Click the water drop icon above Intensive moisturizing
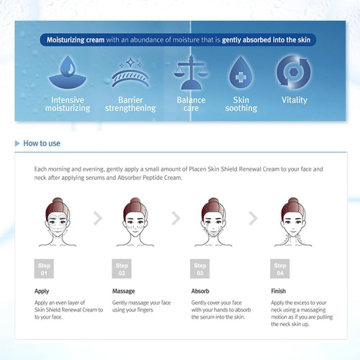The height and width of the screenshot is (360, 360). coord(68,72)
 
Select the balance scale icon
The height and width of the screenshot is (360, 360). coord(191,72)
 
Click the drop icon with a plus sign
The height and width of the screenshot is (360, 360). coord(240,72)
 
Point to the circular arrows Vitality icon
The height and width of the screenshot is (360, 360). coord(293,72)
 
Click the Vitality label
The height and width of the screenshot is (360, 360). coord(294,100)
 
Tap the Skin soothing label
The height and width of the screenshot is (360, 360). coord(241,104)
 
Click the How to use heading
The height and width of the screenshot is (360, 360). coord(42,143)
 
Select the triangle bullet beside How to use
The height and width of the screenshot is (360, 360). coord(17,143)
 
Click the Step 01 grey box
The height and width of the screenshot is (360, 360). coord(44,269)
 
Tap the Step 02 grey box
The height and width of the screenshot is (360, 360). coord(122,269)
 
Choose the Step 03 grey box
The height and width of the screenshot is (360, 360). coord(200,269)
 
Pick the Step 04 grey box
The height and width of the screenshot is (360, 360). coord(280,269)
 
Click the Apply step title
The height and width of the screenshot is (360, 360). coord(42,292)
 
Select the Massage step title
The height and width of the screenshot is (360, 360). coord(124,291)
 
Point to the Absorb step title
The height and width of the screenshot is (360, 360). coord(200,291)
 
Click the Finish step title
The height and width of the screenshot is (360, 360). coord(279,291)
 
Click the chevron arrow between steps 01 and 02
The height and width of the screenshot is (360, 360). coord(99,218)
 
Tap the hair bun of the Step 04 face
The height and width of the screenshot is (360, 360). coord(293,202)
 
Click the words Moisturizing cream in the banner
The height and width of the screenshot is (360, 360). coord(76,40)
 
